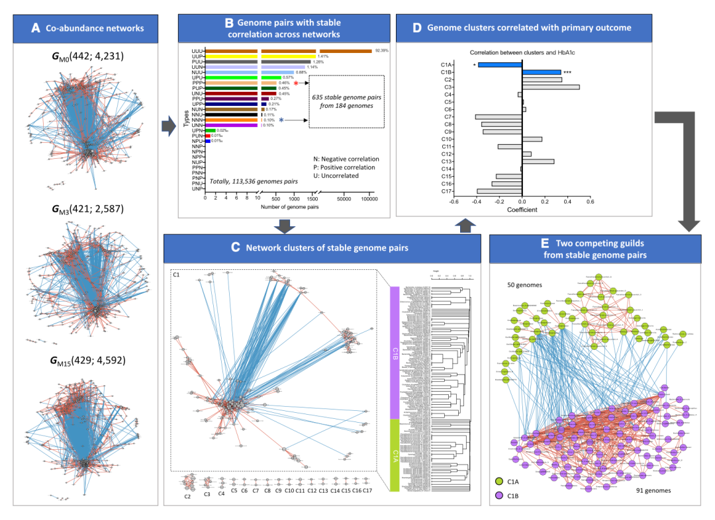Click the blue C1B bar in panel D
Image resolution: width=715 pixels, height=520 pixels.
(x=542, y=72)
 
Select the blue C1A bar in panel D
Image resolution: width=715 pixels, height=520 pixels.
(x=500, y=65)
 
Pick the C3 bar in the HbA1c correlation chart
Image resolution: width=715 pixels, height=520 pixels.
(x=551, y=87)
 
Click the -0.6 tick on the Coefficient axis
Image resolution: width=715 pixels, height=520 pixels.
(x=455, y=203)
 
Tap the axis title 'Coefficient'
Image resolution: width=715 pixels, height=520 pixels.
(x=522, y=210)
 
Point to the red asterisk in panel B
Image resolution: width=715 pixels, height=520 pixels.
(x=296, y=83)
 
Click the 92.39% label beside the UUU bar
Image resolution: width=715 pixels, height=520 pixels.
(x=381, y=50)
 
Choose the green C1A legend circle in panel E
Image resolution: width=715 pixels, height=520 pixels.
(x=498, y=483)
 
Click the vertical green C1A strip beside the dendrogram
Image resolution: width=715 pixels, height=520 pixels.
(x=395, y=455)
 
